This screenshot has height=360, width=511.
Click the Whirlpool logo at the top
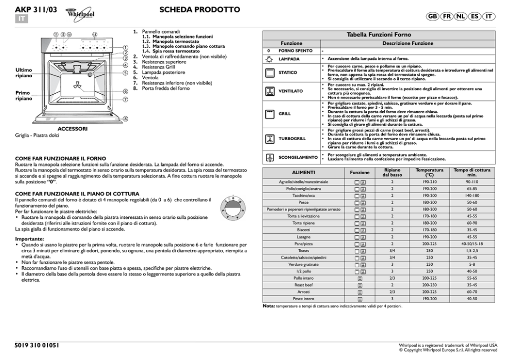click(x=81, y=15)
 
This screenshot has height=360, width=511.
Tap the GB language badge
click(x=434, y=16)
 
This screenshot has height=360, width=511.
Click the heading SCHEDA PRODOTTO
click(x=199, y=10)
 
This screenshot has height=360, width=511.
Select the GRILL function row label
click(x=284, y=113)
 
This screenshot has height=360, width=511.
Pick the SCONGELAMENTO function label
click(x=298, y=157)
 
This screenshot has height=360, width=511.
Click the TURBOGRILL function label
click(x=292, y=139)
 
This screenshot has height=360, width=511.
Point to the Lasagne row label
click(x=303, y=236)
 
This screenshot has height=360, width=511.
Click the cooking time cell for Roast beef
click(x=471, y=284)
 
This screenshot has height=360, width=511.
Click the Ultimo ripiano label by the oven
click(x=24, y=73)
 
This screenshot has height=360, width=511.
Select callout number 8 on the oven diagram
click(x=125, y=118)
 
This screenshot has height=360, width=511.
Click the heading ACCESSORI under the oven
click(x=72, y=128)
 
